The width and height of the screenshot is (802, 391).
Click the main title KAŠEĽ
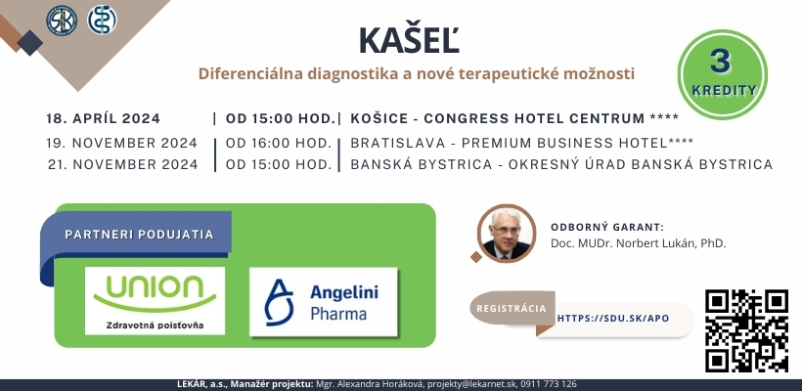tap(409, 39)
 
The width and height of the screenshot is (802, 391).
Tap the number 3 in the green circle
tap(720, 63)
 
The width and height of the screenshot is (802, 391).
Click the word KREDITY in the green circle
tap(724, 91)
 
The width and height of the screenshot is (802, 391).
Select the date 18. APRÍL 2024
tap(104, 118)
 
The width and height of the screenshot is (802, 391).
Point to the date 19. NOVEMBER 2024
tap(121, 143)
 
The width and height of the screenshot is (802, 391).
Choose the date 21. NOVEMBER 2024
tap(123, 164)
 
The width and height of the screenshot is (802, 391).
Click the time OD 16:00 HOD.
tap(279, 143)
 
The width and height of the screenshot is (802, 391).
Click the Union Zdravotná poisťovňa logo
tap(155, 300)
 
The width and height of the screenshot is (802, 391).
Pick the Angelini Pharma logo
tap(324, 301)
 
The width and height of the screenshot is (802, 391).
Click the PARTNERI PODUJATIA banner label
tap(139, 235)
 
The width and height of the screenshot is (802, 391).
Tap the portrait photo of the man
tap(507, 234)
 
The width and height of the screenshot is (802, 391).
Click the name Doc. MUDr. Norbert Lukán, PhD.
tap(639, 243)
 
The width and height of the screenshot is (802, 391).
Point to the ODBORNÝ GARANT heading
tap(607, 228)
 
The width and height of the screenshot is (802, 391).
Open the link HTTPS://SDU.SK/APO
tap(613, 319)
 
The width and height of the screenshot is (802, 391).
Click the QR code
tap(746, 330)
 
